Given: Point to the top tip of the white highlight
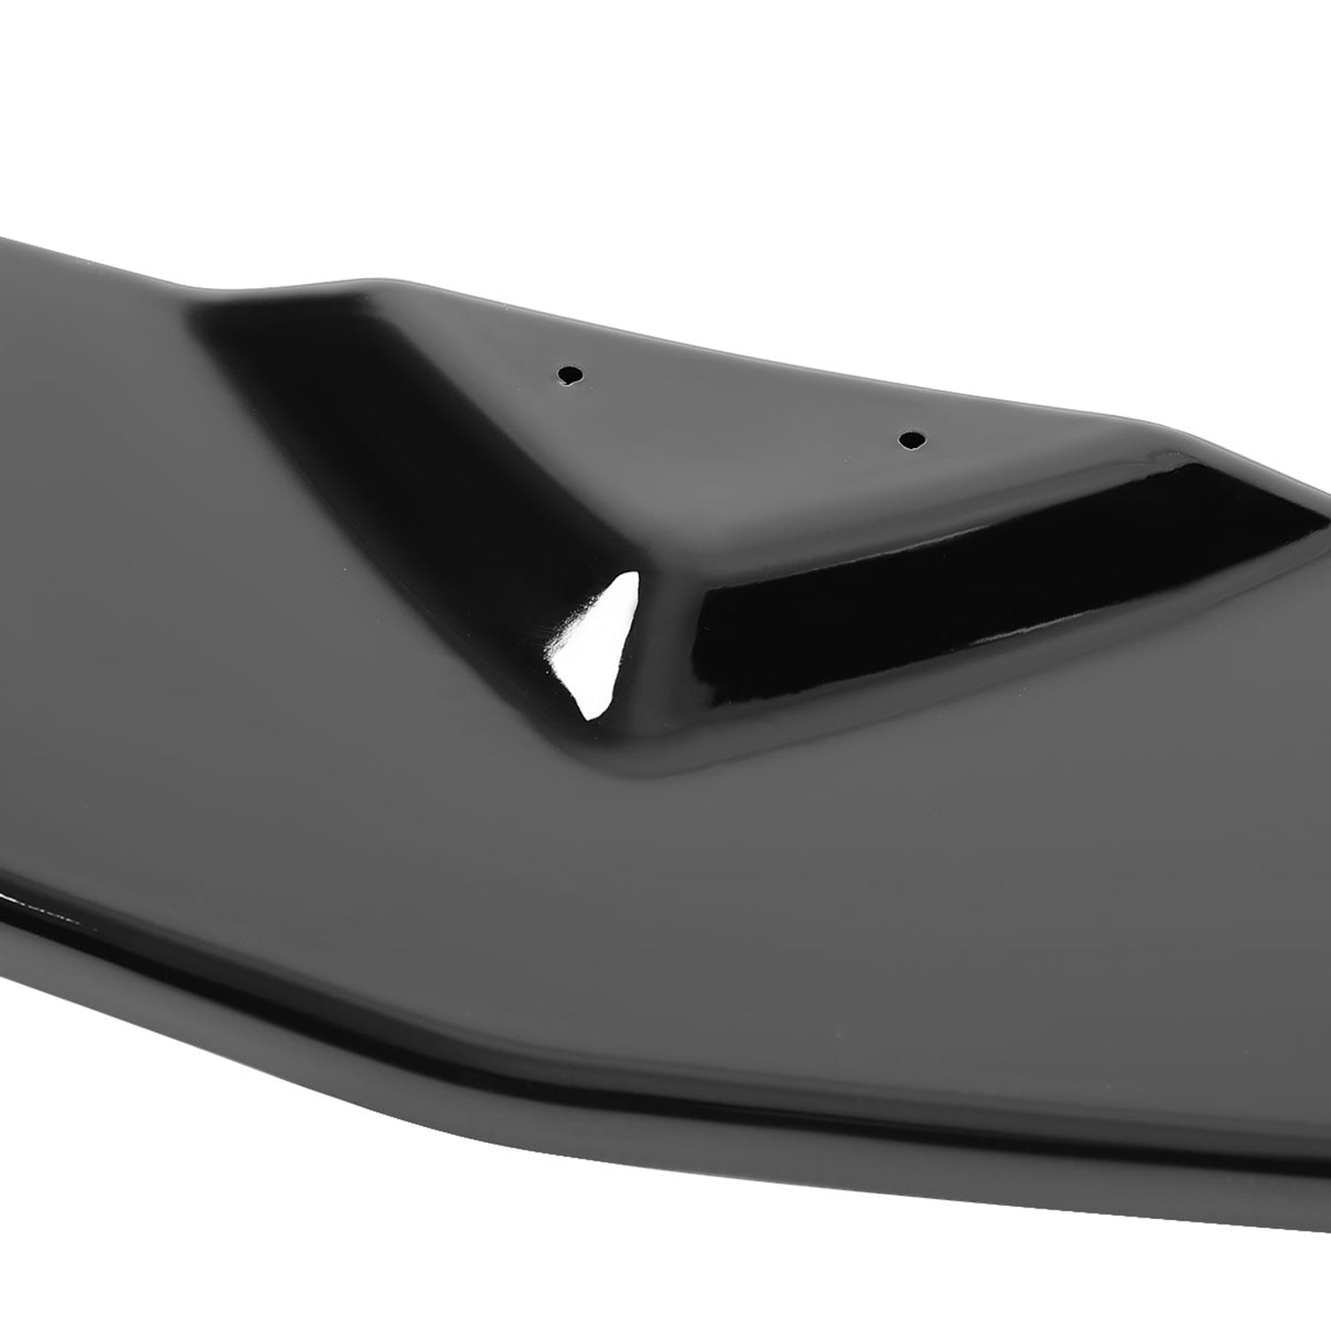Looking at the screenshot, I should coord(632,574).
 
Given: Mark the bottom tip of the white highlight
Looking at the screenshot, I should coord(587,715).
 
